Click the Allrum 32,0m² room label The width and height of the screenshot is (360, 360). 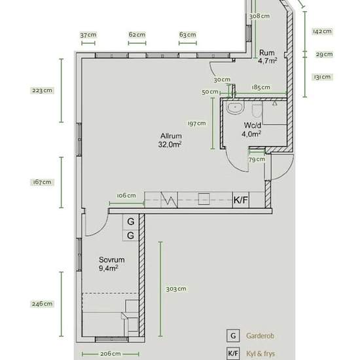pos(170,140)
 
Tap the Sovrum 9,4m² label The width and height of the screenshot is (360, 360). pos(111,264)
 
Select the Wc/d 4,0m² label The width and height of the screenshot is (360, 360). pos(251,130)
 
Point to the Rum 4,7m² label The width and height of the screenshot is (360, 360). pos(267,56)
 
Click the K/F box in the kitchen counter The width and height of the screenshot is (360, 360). pos(241,200)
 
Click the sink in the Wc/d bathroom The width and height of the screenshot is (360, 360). pos(235,107)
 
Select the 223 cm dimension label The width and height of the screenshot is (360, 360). pos(42,90)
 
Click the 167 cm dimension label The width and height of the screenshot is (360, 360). pos(42,182)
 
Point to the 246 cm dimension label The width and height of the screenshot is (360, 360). pos(42,304)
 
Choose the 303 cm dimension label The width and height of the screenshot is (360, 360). pos(176,289)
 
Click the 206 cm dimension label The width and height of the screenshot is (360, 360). pos(111,354)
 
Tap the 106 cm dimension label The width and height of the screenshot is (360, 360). pos(126,196)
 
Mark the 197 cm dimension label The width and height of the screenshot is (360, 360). pos(197,123)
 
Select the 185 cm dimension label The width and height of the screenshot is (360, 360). pos(261,87)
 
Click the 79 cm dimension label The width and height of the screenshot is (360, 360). pos(257,159)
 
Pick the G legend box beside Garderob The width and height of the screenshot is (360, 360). pos(233,336)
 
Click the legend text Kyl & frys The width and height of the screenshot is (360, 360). pos(261,353)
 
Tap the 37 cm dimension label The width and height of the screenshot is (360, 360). pos(88,35)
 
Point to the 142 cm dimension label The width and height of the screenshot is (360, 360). pos(322,31)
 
